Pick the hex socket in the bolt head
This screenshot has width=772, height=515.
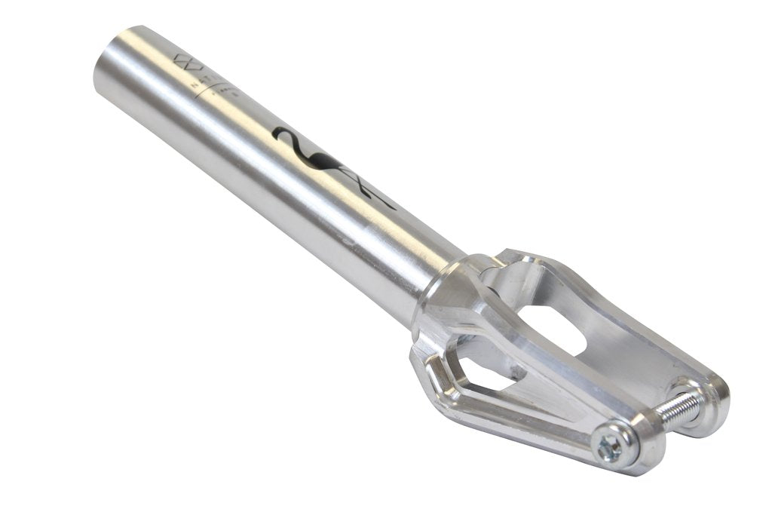point(609,446)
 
